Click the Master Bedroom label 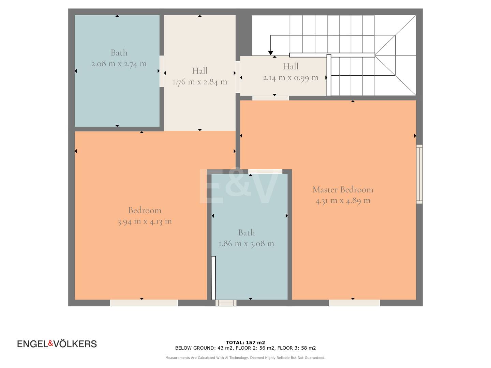[343, 190]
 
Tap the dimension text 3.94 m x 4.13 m [145, 221]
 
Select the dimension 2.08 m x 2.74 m [119, 64]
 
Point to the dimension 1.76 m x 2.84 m [200, 82]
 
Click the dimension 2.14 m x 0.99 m [291, 78]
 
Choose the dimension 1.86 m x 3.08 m [246, 244]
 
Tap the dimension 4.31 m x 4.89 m [343, 201]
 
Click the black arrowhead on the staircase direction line [270, 53]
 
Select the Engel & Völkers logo [57, 344]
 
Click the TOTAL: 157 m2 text [245, 342]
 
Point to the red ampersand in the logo [51, 343]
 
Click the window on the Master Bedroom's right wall [419, 174]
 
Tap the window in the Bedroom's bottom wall [144, 303]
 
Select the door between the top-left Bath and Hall [162, 71]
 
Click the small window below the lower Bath [226, 303]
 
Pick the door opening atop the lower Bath [265, 171]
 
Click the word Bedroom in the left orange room [145, 211]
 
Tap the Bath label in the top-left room [119, 53]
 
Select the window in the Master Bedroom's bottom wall [354, 303]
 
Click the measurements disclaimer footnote [245, 358]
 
